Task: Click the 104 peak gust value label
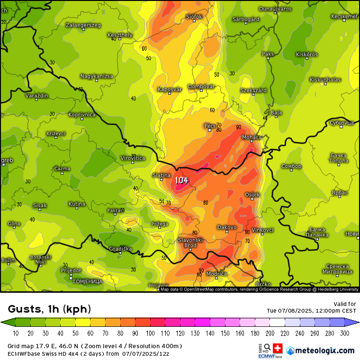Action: (x=181, y=180)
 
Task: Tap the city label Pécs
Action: (x=209, y=126)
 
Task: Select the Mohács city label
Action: (x=252, y=137)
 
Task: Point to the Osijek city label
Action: (x=252, y=195)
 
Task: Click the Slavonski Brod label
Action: (x=190, y=243)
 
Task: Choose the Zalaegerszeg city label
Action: (x=83, y=25)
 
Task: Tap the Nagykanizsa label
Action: (x=97, y=76)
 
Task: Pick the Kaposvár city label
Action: (x=170, y=89)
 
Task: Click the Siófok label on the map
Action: (x=194, y=17)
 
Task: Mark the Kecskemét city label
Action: (x=344, y=16)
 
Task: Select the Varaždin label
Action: (x=37, y=96)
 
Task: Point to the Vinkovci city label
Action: (x=262, y=230)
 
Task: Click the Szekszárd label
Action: (x=253, y=90)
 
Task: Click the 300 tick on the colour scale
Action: (x=344, y=333)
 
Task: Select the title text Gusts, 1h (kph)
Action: (x=50, y=309)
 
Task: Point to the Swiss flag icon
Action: (x=276, y=348)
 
